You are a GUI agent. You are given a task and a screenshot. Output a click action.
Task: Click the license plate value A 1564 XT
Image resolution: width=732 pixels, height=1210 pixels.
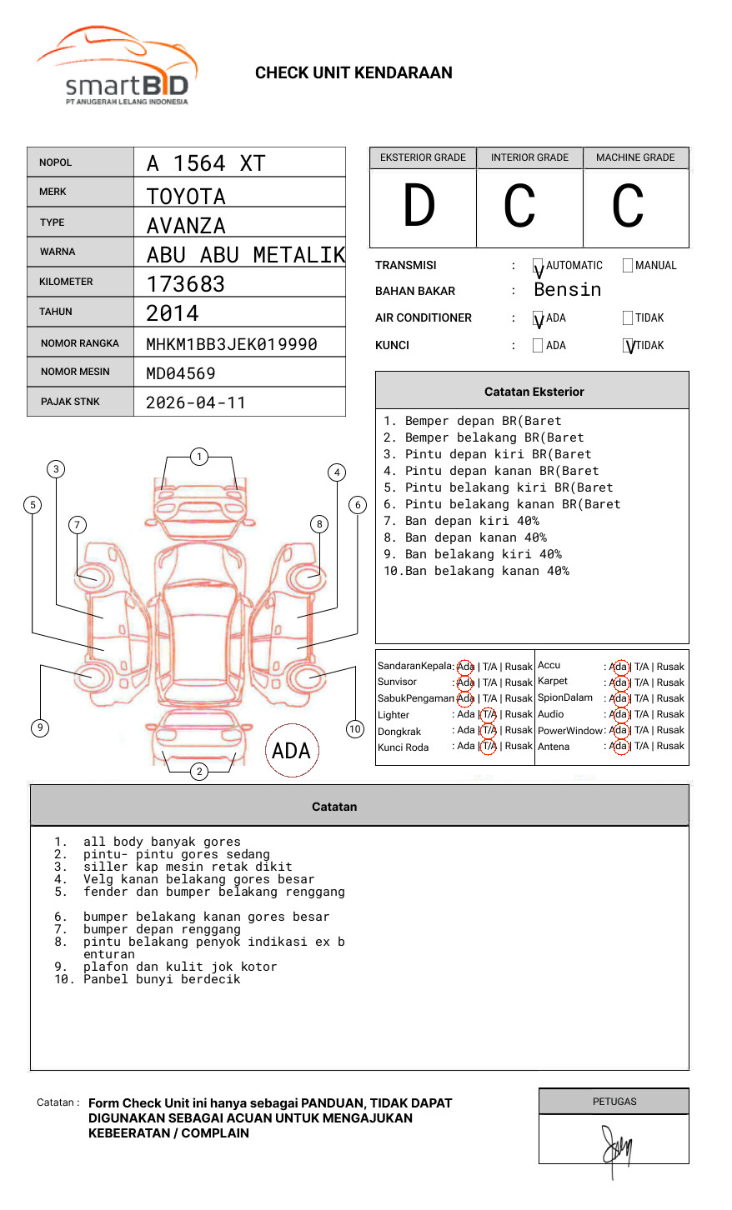pyautogui.click(x=205, y=163)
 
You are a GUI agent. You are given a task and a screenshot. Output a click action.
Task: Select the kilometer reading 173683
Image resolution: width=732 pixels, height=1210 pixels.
pyautogui.click(x=185, y=284)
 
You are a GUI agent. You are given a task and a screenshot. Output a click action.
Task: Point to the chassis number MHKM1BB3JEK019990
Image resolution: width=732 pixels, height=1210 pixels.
pyautogui.click(x=231, y=344)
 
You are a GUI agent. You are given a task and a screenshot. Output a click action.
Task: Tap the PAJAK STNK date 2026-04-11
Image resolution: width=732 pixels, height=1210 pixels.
pyautogui.click(x=196, y=403)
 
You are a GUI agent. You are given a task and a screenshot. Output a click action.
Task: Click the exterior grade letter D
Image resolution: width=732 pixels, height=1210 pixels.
pyautogui.click(x=419, y=207)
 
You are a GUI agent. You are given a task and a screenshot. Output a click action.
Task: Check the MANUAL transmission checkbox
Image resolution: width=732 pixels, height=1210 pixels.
pyautogui.click(x=628, y=266)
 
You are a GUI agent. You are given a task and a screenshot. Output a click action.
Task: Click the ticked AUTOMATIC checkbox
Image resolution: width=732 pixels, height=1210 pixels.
pyautogui.click(x=538, y=267)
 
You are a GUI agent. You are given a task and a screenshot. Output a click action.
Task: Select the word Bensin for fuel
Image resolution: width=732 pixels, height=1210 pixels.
pyautogui.click(x=567, y=290)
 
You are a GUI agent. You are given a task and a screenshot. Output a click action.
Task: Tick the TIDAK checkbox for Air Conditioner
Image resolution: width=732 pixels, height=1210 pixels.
pyautogui.click(x=628, y=318)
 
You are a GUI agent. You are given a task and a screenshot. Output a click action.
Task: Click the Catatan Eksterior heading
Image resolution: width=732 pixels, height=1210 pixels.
pyautogui.click(x=534, y=392)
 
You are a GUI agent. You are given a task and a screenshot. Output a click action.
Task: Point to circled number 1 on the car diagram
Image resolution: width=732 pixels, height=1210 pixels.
pyautogui.click(x=198, y=457)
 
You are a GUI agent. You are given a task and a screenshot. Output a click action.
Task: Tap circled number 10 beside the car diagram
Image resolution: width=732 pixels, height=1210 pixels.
pyautogui.click(x=355, y=729)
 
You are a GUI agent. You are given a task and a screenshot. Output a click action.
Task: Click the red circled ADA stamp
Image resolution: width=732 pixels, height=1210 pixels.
pyautogui.click(x=291, y=751)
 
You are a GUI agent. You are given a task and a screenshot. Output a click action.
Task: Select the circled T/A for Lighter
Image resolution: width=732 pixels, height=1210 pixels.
pyautogui.click(x=489, y=714)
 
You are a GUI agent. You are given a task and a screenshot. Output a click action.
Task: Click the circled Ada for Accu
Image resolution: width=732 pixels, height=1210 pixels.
pyautogui.click(x=619, y=667)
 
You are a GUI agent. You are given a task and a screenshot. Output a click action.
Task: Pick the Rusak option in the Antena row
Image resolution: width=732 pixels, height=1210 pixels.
pyautogui.click(x=670, y=746)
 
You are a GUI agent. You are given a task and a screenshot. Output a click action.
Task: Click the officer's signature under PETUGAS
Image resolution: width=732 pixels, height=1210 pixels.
pyautogui.click(x=616, y=1148)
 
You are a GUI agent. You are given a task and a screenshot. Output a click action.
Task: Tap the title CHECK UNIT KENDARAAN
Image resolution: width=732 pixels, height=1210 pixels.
pyautogui.click(x=353, y=73)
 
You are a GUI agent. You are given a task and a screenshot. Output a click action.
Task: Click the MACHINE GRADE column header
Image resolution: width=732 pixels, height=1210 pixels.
pyautogui.click(x=635, y=157)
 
